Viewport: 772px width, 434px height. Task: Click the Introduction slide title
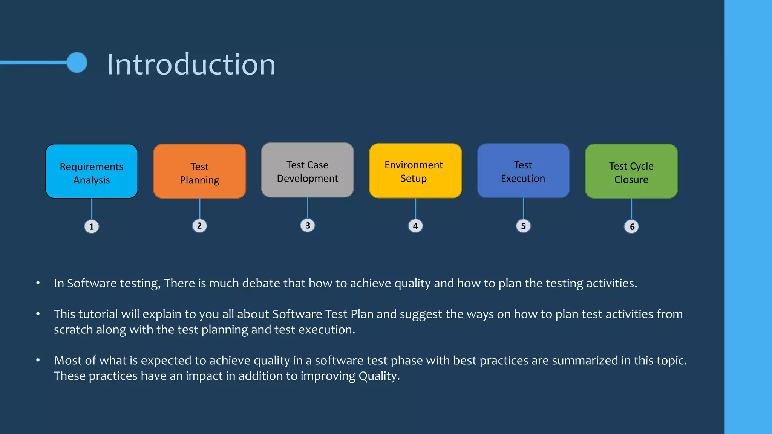coord(191,64)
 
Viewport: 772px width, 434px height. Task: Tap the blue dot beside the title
coord(77,63)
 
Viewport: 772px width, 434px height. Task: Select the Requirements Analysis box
coord(92,171)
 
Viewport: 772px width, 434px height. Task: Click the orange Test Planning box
coord(199,171)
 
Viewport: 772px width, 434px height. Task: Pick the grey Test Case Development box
coord(307,170)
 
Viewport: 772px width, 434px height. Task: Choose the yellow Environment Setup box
coord(415,171)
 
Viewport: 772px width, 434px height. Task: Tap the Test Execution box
coord(523,171)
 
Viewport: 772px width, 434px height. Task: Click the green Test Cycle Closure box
coord(631,171)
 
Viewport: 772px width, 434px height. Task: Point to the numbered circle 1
coord(92,227)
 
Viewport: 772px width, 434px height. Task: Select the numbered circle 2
coord(199,226)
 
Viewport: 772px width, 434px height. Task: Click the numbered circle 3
coord(308,226)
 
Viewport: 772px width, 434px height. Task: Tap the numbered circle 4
coord(415,226)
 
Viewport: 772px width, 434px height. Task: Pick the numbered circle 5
coord(523,226)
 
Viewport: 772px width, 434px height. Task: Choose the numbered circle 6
coord(631,227)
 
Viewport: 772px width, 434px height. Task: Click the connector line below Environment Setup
coord(415,209)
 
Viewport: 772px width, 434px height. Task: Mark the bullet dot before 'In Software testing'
coord(38,283)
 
